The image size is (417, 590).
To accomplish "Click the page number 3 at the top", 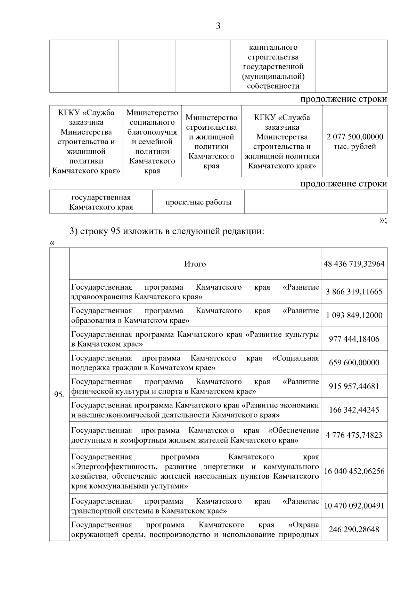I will [x=218, y=26].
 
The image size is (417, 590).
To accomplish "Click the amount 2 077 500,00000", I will [x=355, y=137].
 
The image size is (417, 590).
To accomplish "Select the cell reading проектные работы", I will [x=198, y=202].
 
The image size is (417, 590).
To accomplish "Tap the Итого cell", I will [x=195, y=264].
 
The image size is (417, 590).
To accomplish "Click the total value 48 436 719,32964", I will [x=354, y=264].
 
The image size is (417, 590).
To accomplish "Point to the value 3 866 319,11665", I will [x=354, y=292].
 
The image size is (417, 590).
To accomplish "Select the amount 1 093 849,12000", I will [x=354, y=315].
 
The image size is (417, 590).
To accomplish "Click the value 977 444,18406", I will [x=354, y=339].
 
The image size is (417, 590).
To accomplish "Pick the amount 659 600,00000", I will [x=354, y=363].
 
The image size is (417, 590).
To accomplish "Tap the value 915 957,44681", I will [x=354, y=386].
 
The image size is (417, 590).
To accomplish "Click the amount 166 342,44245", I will [x=354, y=410].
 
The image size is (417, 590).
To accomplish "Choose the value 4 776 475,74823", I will [x=354, y=435].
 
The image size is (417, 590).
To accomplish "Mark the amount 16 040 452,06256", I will [x=354, y=471].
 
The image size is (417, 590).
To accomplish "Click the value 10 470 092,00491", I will [x=354, y=506].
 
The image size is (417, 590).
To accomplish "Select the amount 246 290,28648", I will [x=354, y=530].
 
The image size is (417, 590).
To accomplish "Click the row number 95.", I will [x=59, y=395].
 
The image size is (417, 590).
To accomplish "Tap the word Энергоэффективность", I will [x=116, y=467].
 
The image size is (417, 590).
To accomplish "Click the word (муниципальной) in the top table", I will [x=273, y=76].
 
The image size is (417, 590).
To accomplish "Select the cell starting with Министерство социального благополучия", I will [x=152, y=142].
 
